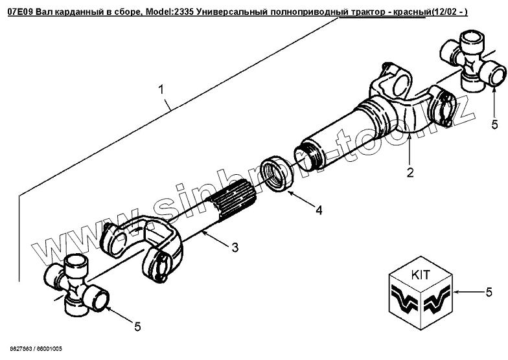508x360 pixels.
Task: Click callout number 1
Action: [161, 93]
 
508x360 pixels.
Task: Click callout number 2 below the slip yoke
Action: [410, 173]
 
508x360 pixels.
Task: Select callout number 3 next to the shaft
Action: [235, 247]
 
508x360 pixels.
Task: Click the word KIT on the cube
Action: [419, 274]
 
